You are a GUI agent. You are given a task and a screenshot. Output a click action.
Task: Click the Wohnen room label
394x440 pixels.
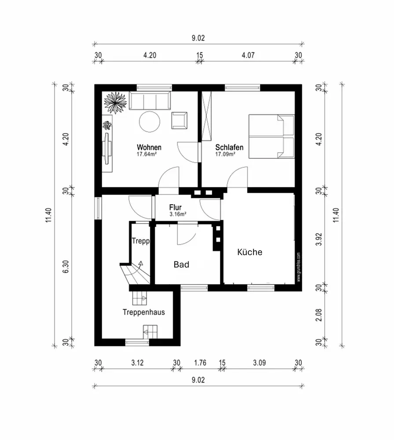pos(149,147)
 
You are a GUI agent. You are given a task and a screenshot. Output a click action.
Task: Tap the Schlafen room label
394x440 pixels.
pos(229,147)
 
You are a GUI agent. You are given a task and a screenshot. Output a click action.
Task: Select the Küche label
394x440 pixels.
pos(250,252)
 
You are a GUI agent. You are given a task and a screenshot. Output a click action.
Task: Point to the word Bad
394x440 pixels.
pos(181,264)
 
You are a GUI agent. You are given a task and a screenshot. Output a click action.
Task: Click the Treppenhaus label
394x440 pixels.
pos(144,312)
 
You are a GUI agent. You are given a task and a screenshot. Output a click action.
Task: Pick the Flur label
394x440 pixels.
pos(176,207)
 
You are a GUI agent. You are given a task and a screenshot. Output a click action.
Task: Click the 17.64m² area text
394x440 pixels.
pos(147,154)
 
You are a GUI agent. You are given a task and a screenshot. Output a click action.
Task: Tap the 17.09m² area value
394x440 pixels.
pos(225,154)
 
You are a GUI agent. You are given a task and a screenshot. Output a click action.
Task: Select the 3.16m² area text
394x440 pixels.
pos(178,214)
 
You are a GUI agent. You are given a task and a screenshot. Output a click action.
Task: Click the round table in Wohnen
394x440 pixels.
pos(150,121)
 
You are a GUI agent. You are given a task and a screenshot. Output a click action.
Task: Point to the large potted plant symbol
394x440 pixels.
pos(115,103)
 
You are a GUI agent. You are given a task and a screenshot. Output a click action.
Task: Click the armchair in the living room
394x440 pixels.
pos(180,121)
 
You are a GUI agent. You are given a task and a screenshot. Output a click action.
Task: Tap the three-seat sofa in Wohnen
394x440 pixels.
pos(150,100)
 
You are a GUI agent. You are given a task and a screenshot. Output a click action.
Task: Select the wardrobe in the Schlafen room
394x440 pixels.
pos(206,116)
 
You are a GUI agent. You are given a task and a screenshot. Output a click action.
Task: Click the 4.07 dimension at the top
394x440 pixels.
pos(248,55)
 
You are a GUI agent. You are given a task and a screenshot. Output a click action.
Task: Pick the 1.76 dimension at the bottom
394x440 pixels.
pos(200,363)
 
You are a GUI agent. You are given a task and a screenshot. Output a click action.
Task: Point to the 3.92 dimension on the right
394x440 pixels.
pos(319,239)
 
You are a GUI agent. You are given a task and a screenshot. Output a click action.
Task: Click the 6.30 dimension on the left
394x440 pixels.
pos(66,267)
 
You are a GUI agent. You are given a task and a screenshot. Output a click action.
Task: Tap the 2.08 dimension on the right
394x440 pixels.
pos(319,315)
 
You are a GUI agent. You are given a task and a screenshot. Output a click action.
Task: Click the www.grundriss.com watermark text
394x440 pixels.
pos(298,267)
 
